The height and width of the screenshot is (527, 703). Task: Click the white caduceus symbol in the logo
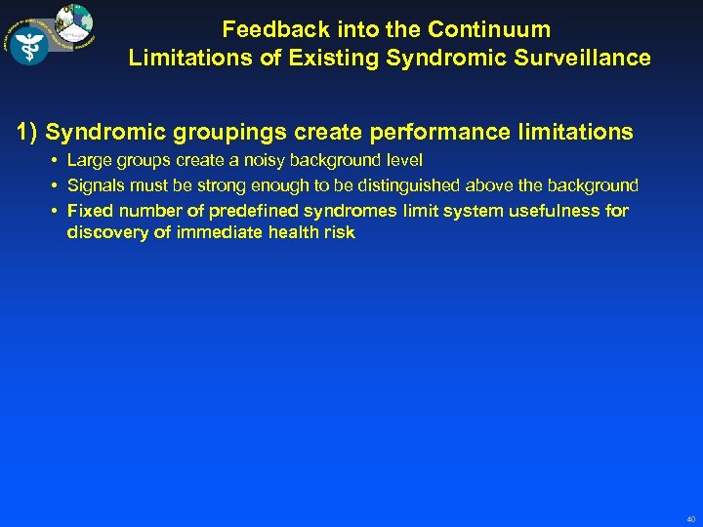(29, 45)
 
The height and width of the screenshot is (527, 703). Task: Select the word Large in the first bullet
(89, 160)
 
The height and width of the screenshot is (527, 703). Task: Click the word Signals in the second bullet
(96, 185)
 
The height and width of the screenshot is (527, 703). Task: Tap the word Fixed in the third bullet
(88, 211)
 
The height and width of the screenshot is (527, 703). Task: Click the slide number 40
(690, 517)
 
